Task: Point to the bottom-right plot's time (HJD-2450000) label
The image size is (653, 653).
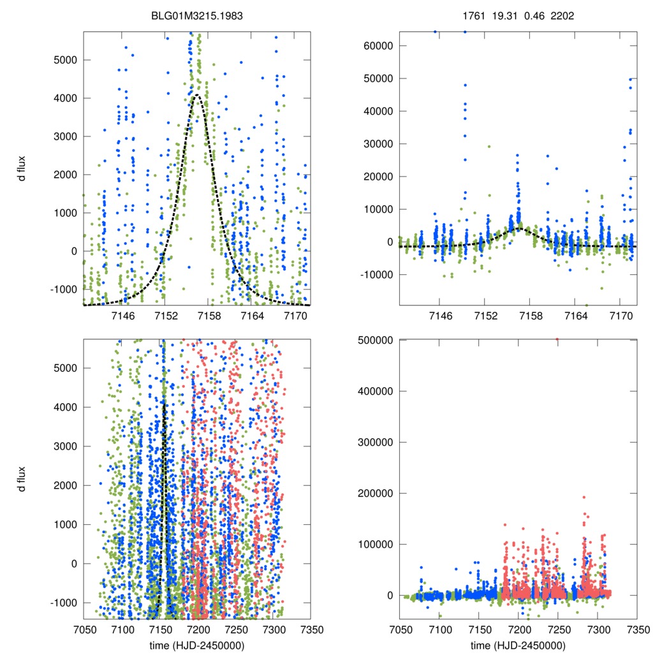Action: (x=518, y=645)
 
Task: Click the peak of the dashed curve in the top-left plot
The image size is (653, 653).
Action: (x=197, y=95)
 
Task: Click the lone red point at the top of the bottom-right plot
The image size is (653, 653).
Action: (x=557, y=340)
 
